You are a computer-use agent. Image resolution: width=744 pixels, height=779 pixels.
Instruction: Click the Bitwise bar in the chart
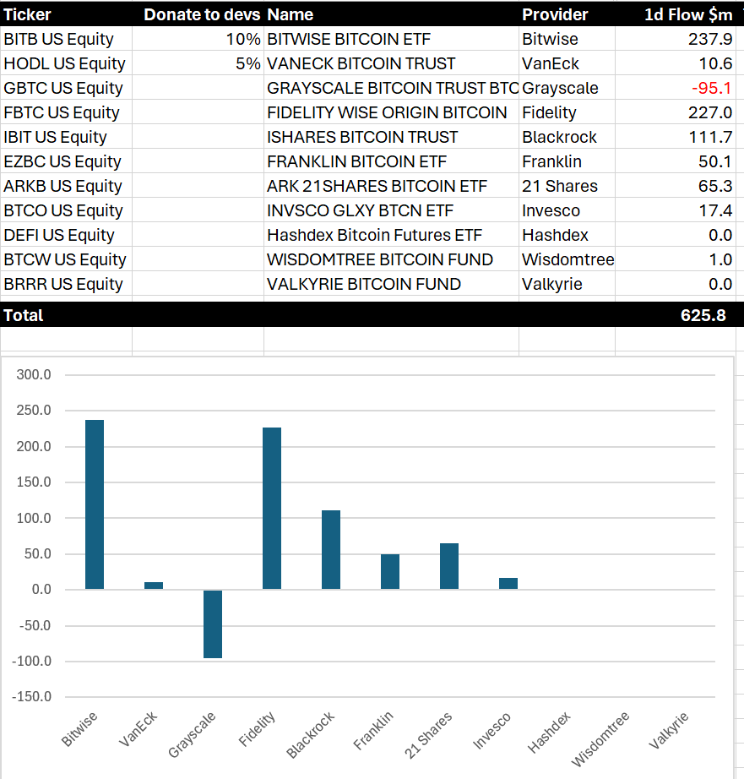[x=95, y=504]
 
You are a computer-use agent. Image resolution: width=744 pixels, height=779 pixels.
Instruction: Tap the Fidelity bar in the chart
[x=272, y=508]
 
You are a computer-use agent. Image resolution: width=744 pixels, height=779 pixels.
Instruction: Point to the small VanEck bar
[x=154, y=586]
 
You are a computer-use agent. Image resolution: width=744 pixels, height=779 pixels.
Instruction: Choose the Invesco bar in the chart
[x=508, y=583]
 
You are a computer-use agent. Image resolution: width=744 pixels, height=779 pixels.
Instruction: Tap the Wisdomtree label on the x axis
[x=601, y=739]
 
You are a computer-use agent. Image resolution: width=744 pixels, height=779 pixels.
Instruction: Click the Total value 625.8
[x=703, y=315]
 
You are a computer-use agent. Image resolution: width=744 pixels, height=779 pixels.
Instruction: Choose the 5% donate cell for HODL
[x=248, y=63]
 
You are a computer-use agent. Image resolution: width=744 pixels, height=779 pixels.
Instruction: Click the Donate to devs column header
[x=202, y=14]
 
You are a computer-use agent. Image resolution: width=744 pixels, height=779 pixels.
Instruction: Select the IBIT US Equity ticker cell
[x=56, y=137]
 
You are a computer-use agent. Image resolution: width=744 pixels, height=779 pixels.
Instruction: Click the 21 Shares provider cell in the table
[x=560, y=186]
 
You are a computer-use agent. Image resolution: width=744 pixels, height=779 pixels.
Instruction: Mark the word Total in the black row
[x=24, y=315]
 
